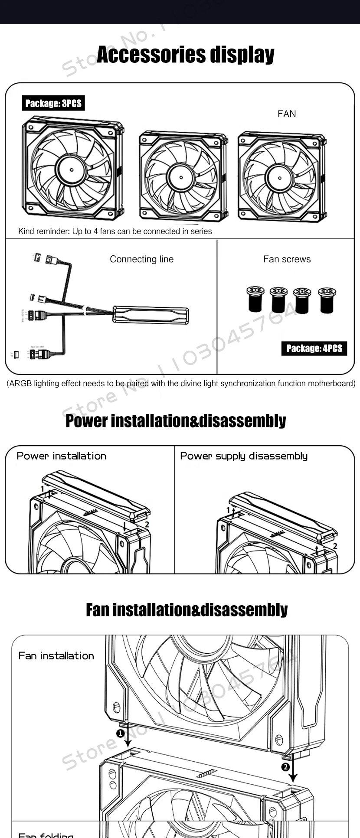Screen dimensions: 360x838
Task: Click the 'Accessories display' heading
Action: click(185, 55)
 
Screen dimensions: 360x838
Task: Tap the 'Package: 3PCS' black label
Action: click(53, 103)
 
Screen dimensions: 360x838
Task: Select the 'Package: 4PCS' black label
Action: click(314, 348)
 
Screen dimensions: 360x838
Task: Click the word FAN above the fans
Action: click(287, 114)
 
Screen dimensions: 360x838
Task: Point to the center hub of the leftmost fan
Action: click(71, 169)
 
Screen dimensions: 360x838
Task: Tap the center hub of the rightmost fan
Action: click(279, 178)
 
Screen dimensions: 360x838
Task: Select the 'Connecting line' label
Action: click(141, 259)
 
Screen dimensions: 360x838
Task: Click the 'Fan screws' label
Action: click(287, 259)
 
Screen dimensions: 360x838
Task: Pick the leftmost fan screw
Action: click(255, 299)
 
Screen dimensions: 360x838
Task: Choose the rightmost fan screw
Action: click(327, 299)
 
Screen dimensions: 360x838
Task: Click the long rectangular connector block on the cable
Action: click(151, 314)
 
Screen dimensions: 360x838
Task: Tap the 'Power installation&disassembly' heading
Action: click(176, 421)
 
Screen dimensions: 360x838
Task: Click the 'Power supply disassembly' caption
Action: click(244, 456)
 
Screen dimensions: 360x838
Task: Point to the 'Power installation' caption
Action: click(61, 456)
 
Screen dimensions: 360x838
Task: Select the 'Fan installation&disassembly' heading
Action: click(187, 610)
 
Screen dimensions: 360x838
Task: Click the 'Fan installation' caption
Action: click(56, 655)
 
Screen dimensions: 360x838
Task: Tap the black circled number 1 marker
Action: click(120, 734)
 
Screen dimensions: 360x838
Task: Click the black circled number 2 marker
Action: click(285, 767)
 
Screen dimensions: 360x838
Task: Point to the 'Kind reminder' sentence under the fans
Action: click(115, 232)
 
